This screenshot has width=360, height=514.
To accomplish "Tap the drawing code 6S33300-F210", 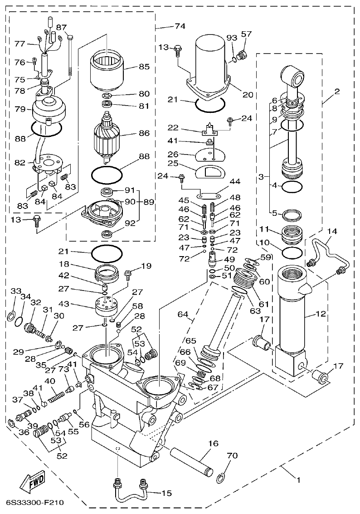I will [x=35, y=503].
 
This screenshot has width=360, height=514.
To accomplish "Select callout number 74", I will [x=180, y=26].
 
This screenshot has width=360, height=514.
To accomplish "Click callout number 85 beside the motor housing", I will [x=144, y=67].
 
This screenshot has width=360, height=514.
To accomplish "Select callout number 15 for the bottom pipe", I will [x=167, y=493].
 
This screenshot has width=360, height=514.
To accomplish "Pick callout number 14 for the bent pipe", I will [x=332, y=231].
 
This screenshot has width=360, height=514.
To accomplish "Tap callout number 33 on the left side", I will [x=16, y=291].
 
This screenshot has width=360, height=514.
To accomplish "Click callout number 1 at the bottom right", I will [x=298, y=479].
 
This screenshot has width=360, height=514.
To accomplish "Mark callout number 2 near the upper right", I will [x=337, y=92].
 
